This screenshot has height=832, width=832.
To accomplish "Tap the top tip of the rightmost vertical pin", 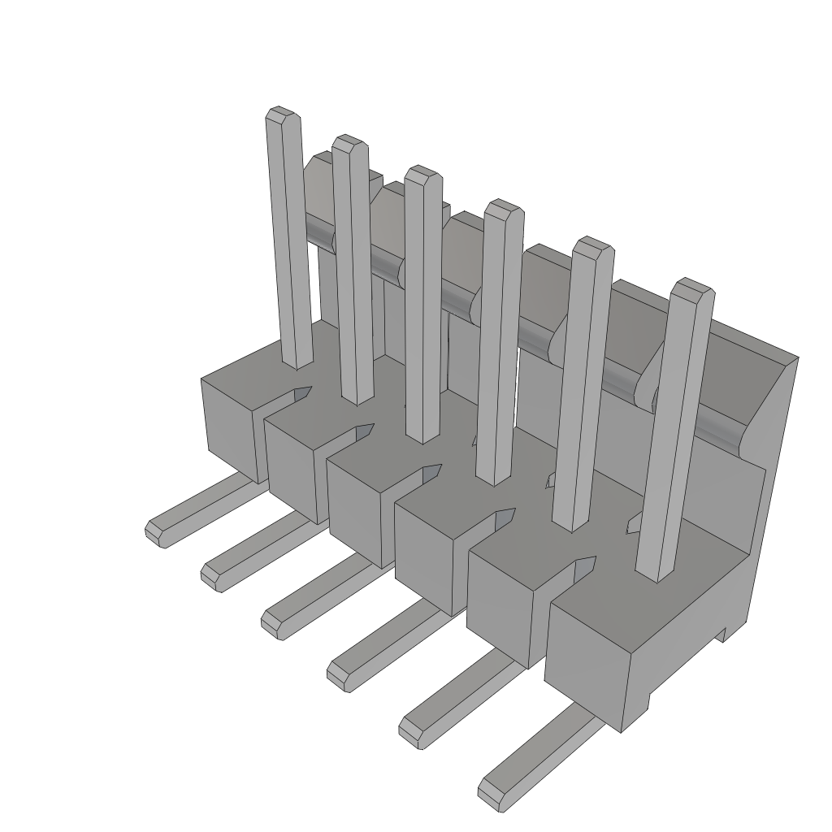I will [x=695, y=285].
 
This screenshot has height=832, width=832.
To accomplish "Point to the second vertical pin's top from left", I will [x=349, y=142].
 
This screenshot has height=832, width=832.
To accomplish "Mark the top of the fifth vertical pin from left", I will [x=593, y=245].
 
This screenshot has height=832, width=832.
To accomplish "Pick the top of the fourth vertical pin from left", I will [x=503, y=206].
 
